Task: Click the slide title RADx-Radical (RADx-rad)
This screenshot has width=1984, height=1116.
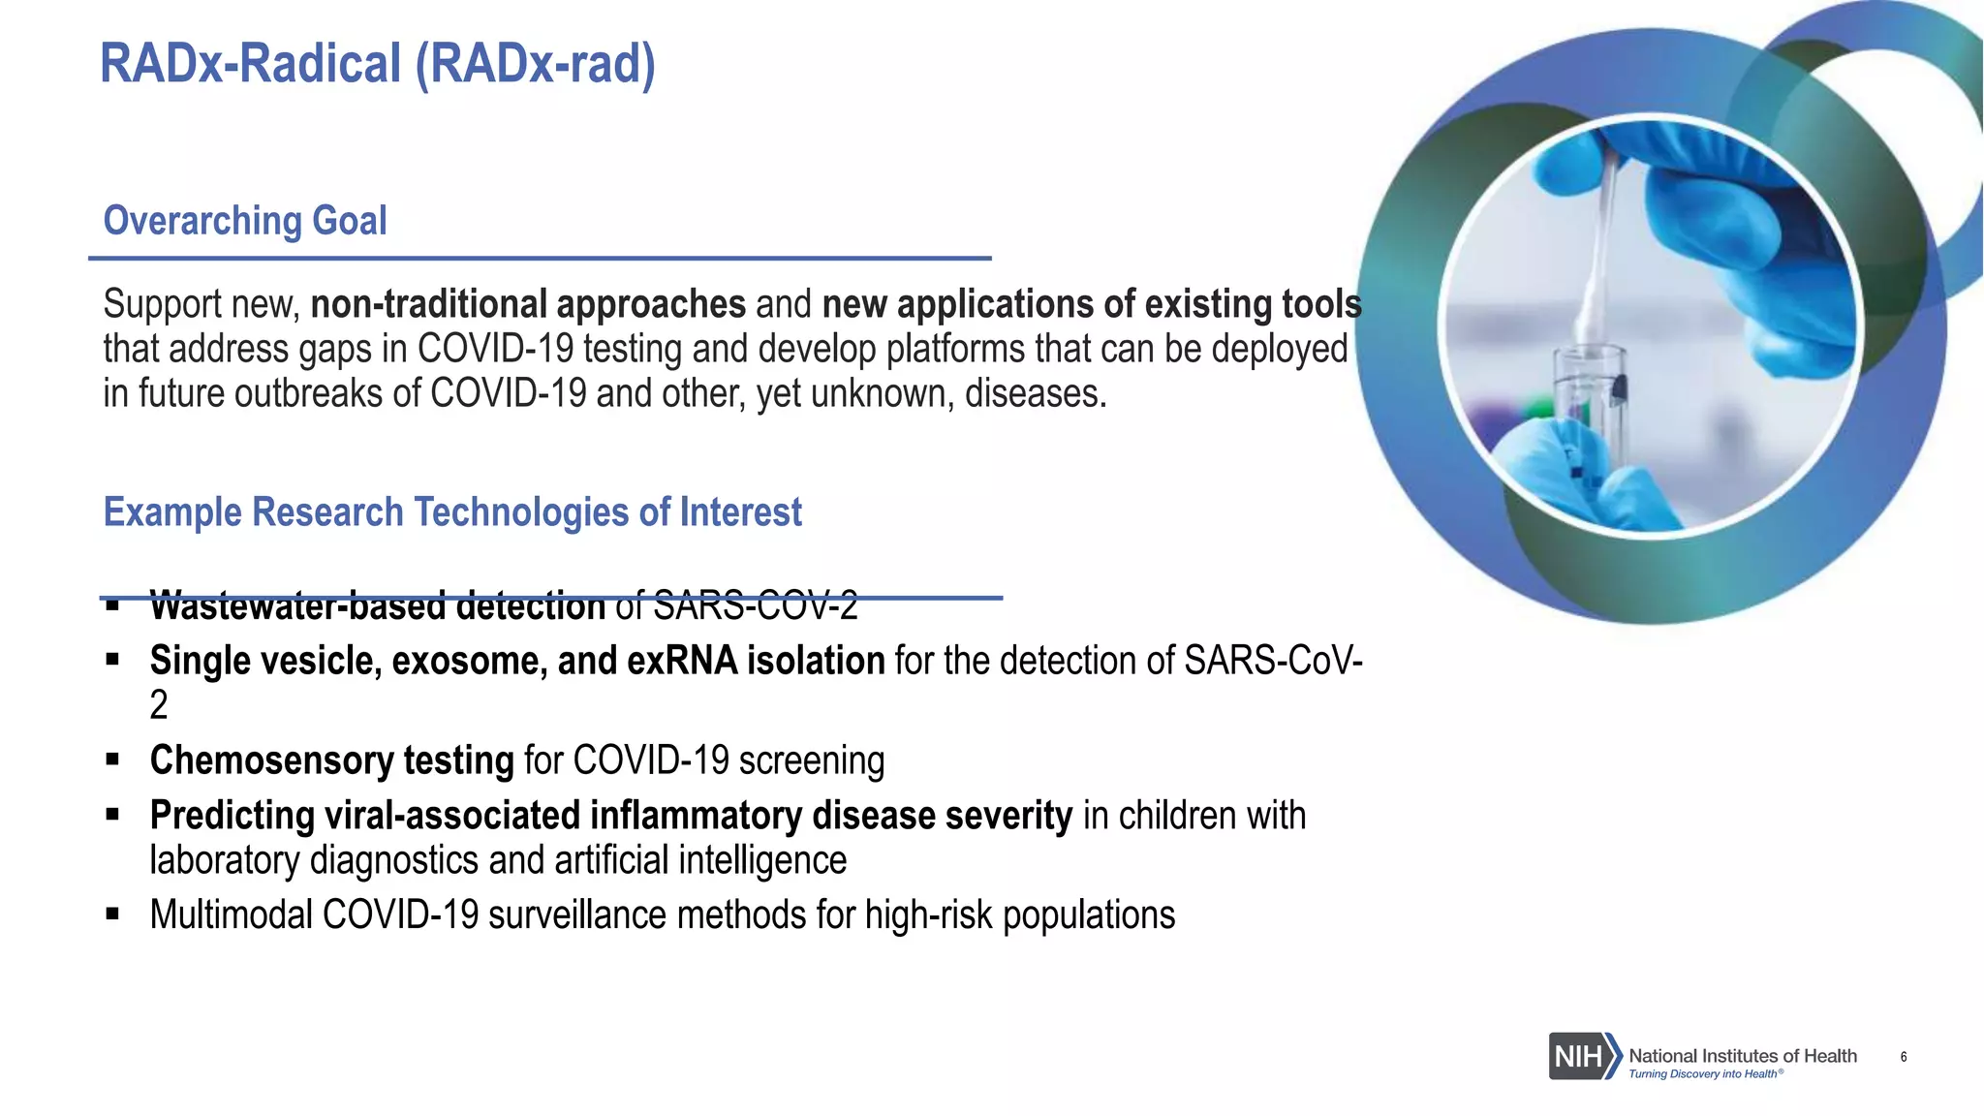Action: [378, 64]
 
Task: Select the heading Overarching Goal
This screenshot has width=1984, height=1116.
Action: [245, 221]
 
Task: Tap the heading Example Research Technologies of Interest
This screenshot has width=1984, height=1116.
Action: [452, 512]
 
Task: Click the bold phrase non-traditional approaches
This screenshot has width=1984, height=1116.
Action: [528, 304]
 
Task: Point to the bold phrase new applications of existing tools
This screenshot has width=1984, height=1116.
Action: [1091, 304]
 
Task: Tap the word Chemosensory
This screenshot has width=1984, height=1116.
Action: [270, 760]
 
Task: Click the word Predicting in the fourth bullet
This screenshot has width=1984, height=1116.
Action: [232, 816]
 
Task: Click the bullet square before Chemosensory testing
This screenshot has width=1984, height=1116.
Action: [112, 760]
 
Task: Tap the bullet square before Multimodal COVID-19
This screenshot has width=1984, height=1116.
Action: [112, 914]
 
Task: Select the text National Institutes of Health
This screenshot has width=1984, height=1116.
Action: [1742, 1055]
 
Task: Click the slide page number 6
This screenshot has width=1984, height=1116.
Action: [1904, 1057]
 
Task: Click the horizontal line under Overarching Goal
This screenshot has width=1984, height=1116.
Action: [540, 259]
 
